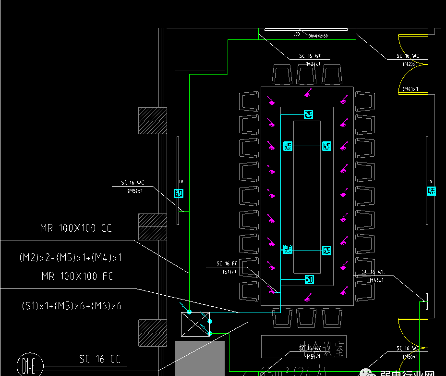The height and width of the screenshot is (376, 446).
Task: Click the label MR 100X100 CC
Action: point(76,228)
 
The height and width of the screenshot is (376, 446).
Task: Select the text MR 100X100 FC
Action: point(77,276)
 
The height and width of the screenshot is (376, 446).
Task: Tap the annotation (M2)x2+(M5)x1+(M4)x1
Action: point(71,257)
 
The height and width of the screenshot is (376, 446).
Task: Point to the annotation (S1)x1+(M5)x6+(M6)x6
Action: point(71,305)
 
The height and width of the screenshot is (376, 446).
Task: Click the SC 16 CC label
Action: point(100,359)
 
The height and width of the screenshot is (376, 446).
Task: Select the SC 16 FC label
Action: point(227,263)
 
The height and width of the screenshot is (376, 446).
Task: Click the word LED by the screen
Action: point(296,35)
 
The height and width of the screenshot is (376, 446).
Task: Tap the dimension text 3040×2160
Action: point(318,36)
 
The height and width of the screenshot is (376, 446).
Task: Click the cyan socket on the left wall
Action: point(179,193)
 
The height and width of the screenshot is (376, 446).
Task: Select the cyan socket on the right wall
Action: point(432,191)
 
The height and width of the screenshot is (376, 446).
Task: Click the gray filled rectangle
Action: point(199,358)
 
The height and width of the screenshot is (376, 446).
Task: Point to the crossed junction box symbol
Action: point(195,324)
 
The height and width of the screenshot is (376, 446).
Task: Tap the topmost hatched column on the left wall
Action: point(153,120)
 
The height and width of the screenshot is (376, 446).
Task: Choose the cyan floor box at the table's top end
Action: point(308,114)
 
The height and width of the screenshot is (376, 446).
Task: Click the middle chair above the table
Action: point(307,75)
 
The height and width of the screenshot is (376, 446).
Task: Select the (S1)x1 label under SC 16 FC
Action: point(229,272)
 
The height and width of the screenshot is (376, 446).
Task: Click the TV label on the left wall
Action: point(181,182)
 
